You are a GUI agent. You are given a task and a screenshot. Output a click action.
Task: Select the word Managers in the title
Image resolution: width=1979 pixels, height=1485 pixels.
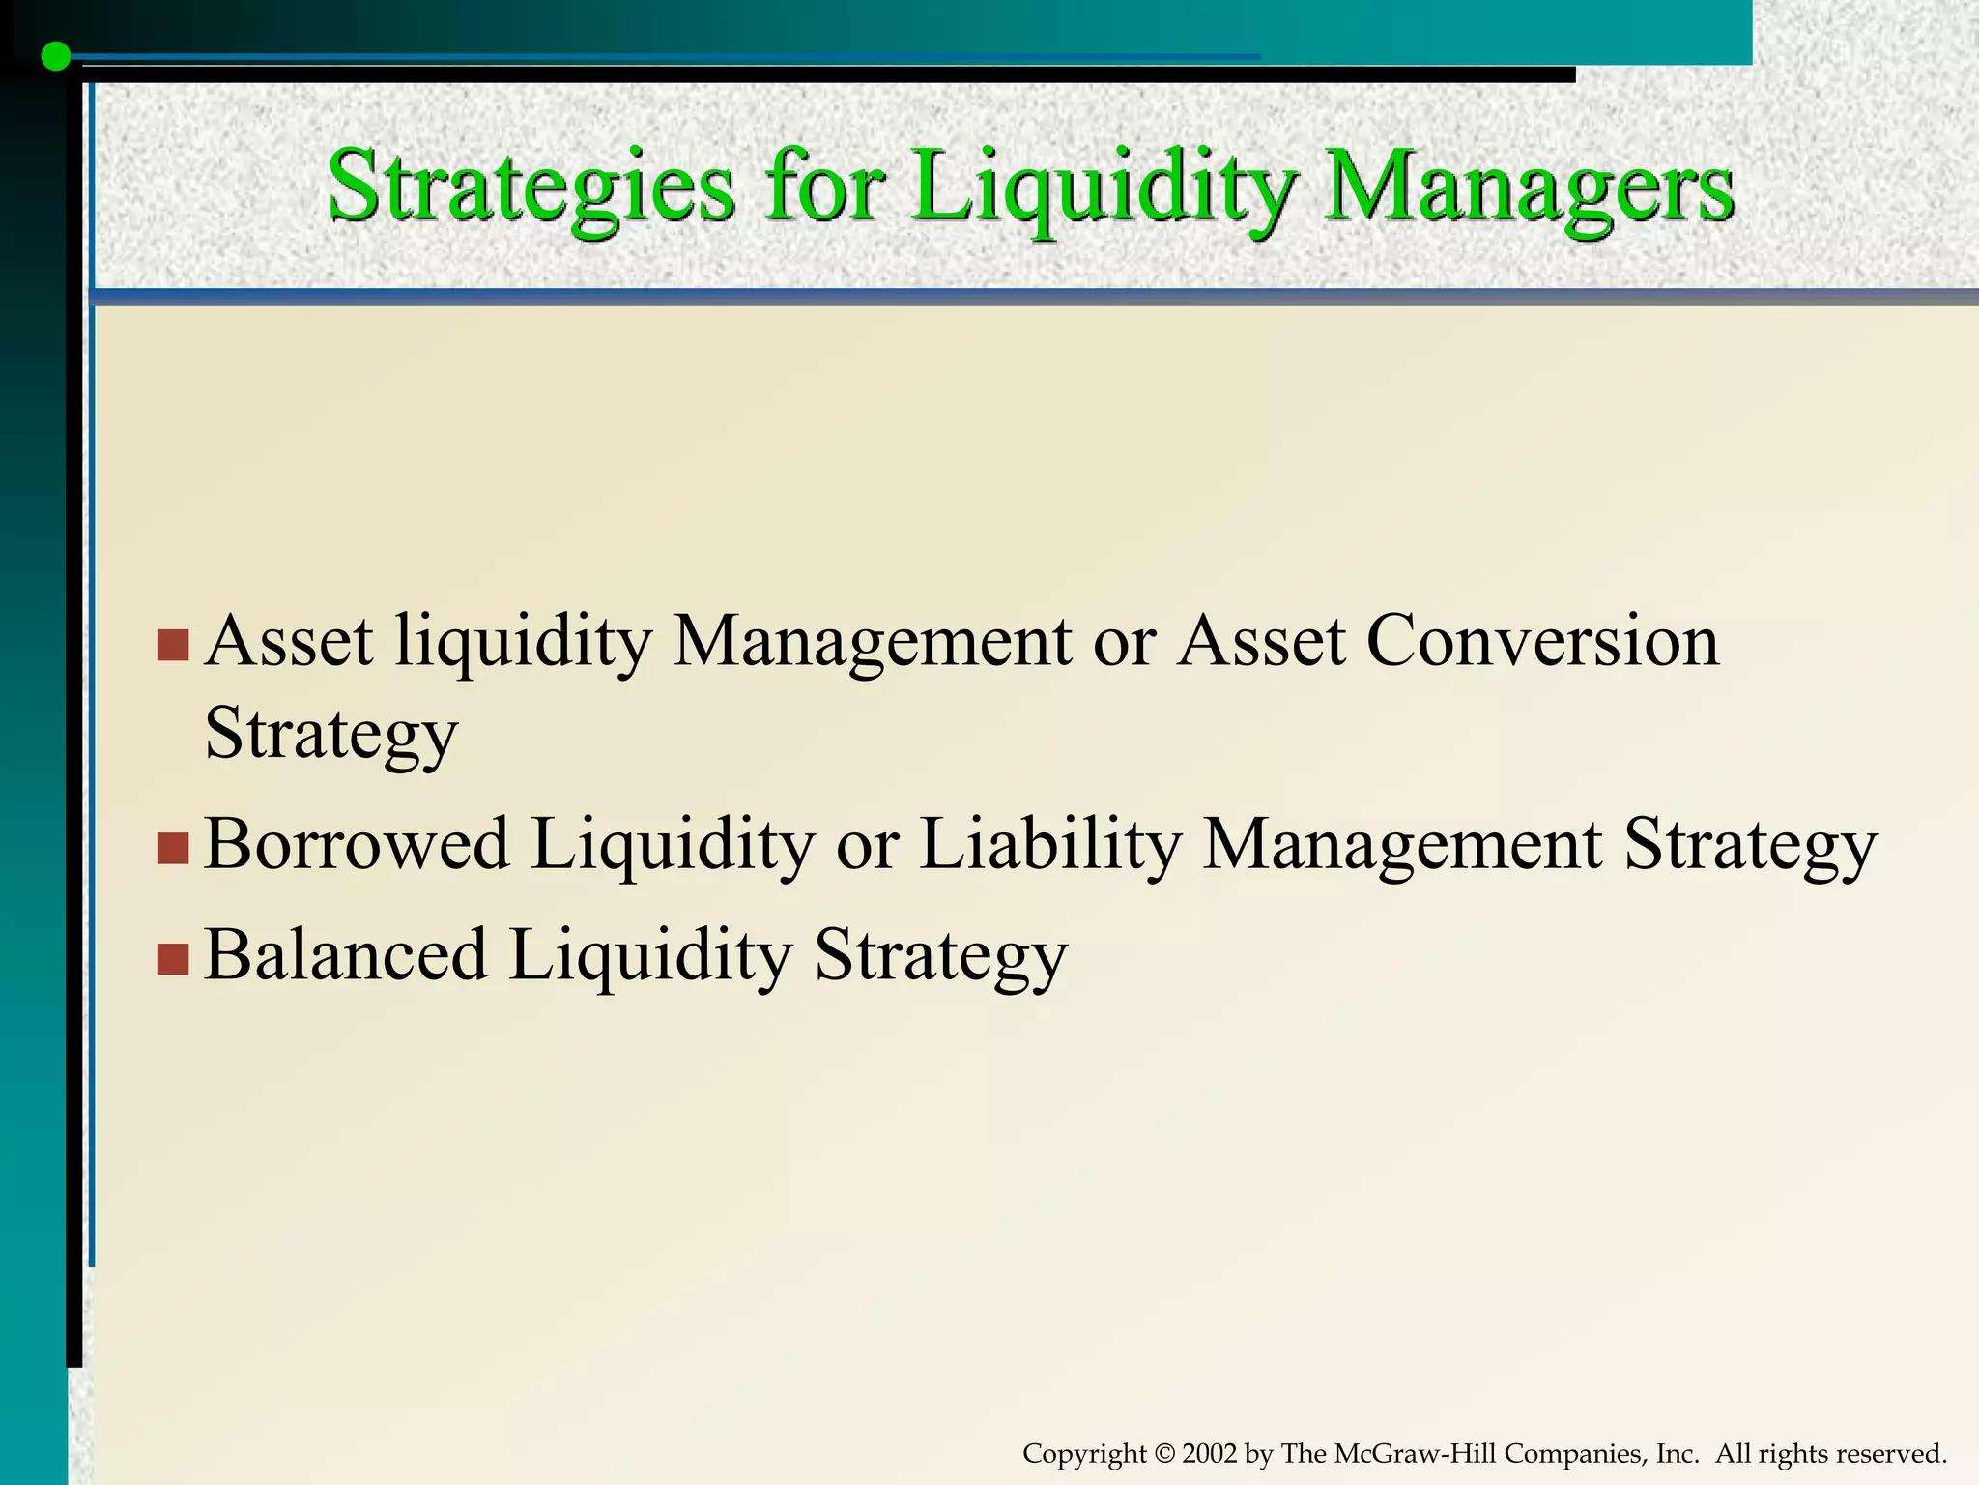[x=1528, y=187]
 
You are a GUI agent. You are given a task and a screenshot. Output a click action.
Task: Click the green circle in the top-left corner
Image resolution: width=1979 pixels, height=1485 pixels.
[x=56, y=57]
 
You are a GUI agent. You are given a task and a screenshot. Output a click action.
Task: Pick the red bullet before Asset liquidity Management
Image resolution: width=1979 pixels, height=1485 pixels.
[x=172, y=646]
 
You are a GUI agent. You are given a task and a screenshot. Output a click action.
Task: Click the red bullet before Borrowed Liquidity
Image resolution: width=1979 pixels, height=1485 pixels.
[x=172, y=848]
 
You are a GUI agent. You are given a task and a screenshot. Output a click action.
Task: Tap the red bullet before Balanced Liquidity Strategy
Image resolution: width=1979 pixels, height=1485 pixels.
[x=172, y=959]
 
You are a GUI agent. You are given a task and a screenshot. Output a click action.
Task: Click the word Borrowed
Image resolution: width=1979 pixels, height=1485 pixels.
[x=357, y=844]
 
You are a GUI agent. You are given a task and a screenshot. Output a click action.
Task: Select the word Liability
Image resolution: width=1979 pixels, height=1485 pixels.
[x=1049, y=844]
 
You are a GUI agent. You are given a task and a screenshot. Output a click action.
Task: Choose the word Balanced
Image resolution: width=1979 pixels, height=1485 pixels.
[x=345, y=955]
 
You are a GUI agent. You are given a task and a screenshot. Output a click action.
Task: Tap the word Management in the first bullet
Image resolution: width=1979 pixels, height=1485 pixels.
[x=871, y=641]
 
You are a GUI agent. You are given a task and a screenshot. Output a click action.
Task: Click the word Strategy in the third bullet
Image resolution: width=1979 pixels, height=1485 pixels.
[x=940, y=955]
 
